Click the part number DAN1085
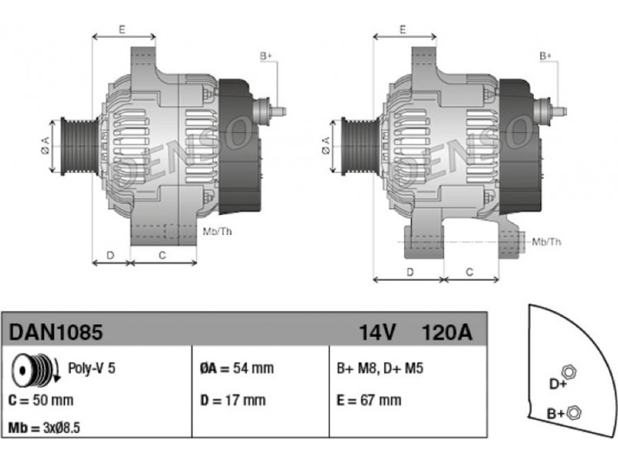click(x=56, y=333)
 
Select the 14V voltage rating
click(x=378, y=333)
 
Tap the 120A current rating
click(x=446, y=333)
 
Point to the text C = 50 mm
click(x=41, y=400)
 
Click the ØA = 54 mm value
click(x=236, y=368)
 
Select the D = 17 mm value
click(x=233, y=400)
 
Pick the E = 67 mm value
click(x=369, y=400)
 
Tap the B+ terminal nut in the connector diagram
click(x=573, y=412)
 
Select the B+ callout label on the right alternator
click(x=545, y=56)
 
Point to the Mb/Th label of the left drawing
click(x=216, y=231)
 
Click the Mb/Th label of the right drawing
click(x=547, y=242)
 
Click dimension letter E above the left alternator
click(x=122, y=29)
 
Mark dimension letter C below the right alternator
click(x=470, y=271)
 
